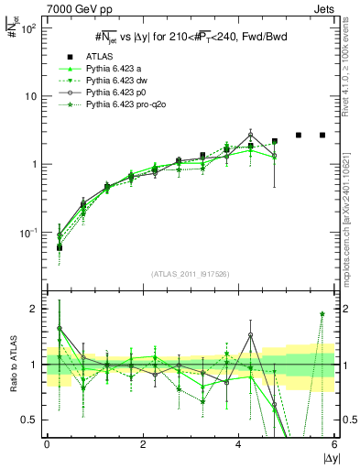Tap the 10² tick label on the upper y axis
tap(27, 28)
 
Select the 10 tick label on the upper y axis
tap(29, 96)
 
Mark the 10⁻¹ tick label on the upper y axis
tap(27, 233)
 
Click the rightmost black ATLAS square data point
tap(322, 135)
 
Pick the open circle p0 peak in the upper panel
tap(250, 135)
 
